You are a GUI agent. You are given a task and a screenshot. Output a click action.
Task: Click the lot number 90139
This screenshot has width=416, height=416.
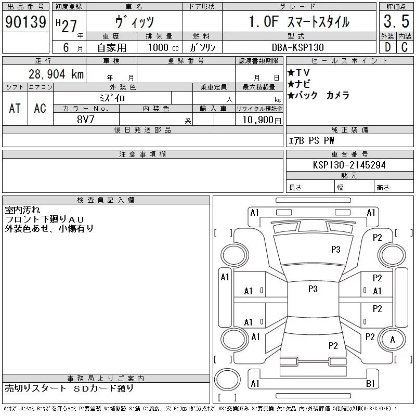click(25, 22)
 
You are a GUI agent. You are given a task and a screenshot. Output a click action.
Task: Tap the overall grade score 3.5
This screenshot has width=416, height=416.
click(395, 22)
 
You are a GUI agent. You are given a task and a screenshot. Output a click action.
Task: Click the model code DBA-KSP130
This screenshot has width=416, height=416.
click(298, 47)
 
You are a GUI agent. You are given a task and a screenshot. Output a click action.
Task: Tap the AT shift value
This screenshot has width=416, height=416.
click(15, 108)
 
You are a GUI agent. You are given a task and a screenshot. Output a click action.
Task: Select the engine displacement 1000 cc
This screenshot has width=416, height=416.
click(163, 47)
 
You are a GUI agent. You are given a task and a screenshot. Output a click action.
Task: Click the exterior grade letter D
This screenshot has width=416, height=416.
click(387, 47)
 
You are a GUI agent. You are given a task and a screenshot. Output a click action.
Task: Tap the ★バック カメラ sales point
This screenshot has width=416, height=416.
click(318, 96)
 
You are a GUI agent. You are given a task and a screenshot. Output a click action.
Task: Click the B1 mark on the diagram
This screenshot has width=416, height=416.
click(371, 384)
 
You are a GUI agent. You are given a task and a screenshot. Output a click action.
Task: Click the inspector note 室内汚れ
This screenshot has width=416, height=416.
click(22, 210)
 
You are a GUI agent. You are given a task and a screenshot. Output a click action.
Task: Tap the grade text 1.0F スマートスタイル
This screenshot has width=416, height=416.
click(299, 22)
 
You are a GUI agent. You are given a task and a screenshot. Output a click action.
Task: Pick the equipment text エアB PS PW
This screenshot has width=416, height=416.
click(311, 140)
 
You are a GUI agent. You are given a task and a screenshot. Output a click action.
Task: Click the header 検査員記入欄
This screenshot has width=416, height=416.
click(106, 200)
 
